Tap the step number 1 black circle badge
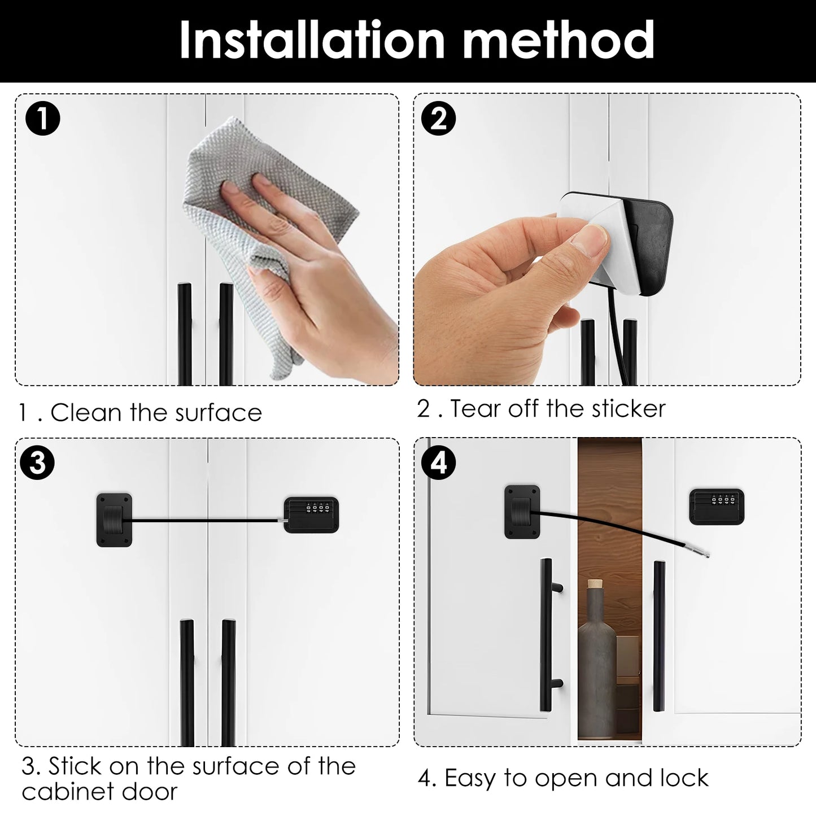pos(43,120)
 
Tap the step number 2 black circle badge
pos(439,119)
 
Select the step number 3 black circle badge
pos(37,463)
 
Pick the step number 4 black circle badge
pos(439,463)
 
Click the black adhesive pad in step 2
pos(644,248)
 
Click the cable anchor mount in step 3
pos(114,520)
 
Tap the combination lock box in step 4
pos(716,506)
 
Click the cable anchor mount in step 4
pos(522,512)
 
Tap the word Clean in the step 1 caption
pos(86,413)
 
